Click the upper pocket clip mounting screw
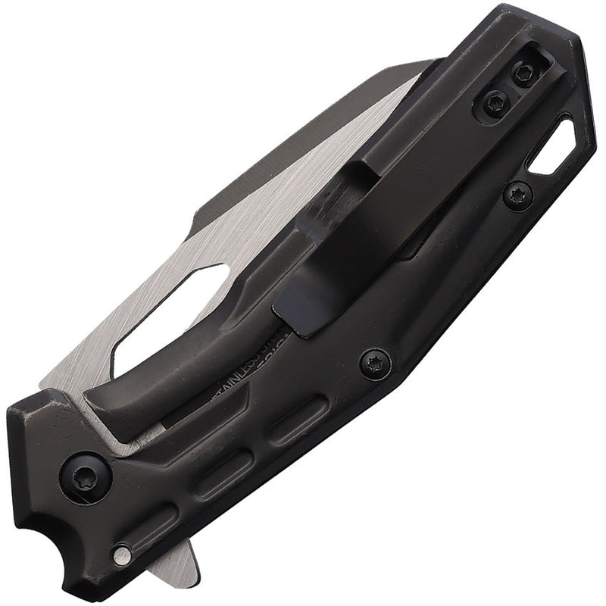point(523,73)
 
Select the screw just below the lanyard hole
point(518,195)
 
